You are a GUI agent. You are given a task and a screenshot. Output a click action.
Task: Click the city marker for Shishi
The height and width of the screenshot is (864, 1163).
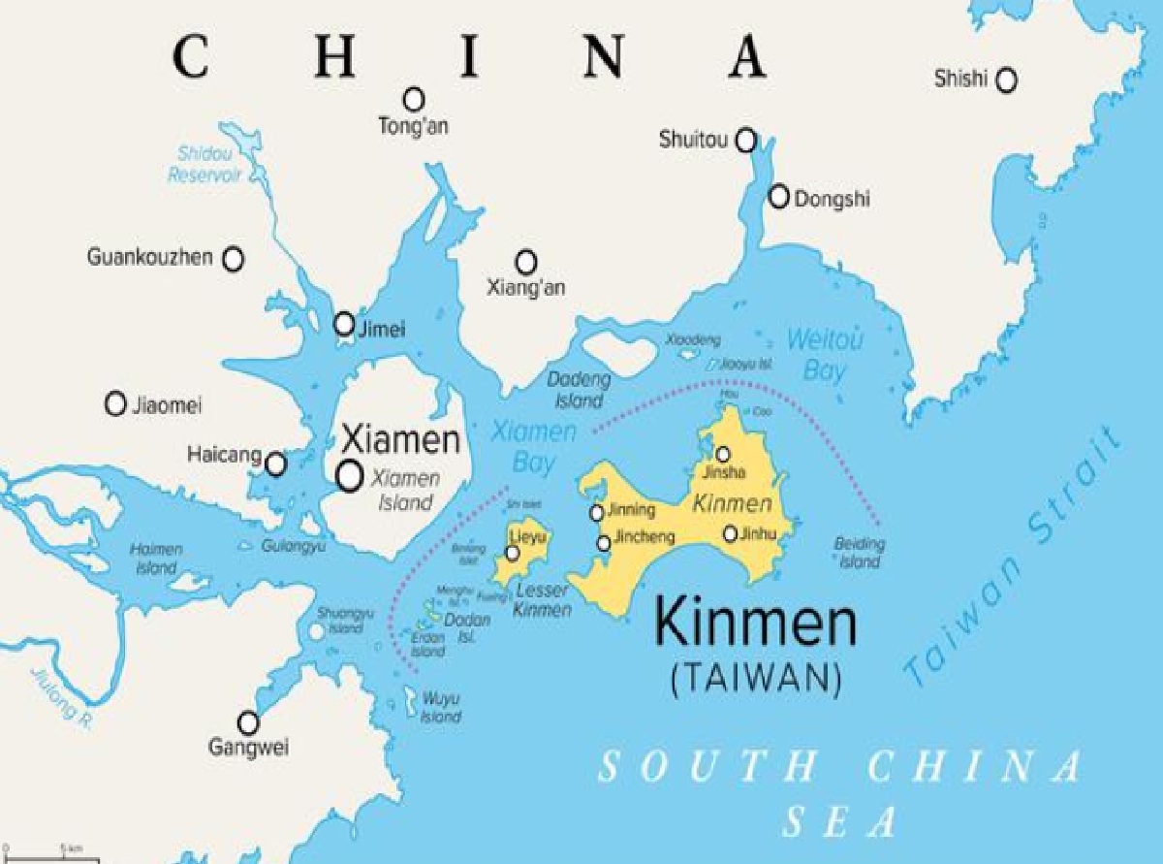1007,80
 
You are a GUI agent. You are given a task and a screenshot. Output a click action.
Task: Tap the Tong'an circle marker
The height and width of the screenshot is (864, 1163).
414,99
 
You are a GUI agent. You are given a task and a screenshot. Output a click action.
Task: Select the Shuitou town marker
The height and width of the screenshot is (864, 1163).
745,141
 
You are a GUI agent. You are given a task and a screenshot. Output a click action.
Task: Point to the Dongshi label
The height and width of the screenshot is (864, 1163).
832,200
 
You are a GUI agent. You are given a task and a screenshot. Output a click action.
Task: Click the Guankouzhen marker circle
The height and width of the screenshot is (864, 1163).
234,259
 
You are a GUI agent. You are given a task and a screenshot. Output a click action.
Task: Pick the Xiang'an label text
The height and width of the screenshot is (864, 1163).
526,288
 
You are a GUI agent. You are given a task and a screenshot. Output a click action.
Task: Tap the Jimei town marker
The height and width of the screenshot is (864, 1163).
344,324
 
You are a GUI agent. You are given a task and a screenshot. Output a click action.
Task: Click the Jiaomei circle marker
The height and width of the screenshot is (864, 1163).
116,403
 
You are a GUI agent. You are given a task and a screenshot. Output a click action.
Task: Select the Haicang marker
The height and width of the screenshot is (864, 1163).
276,464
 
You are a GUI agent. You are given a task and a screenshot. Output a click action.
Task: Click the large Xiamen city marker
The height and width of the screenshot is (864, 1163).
349,475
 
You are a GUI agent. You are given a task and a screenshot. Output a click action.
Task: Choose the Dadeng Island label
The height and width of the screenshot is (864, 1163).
579,389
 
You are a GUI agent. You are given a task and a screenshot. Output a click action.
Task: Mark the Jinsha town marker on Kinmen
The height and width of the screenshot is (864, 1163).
723,454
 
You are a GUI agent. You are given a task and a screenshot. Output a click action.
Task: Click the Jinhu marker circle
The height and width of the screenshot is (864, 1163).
731,533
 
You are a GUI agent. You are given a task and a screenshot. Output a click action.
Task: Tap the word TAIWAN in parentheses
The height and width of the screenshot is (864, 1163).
756,678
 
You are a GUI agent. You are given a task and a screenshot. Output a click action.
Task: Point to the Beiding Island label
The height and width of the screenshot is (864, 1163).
859,553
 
